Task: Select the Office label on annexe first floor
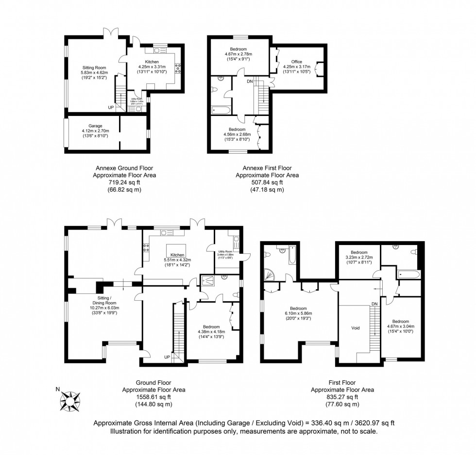(297, 62)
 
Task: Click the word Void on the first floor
(356, 328)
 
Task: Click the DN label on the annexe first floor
(250, 81)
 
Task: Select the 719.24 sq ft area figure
(124, 183)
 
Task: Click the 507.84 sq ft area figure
(267, 183)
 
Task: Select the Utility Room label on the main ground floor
(225, 251)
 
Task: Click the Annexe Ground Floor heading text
(124, 168)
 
